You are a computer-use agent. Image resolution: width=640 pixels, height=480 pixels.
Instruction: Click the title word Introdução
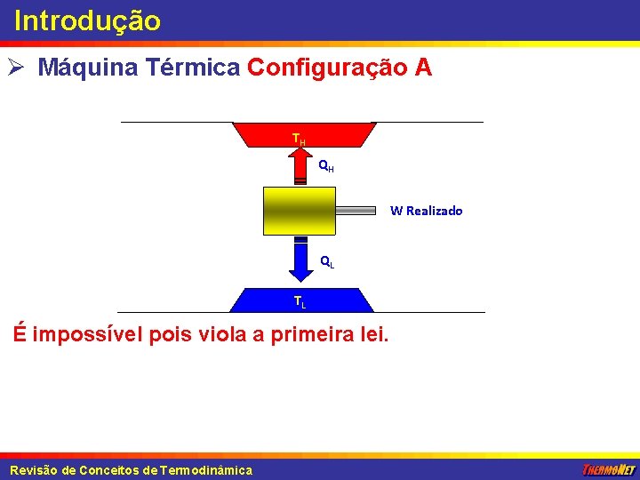87,20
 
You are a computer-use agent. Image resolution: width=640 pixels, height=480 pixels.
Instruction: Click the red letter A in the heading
423,68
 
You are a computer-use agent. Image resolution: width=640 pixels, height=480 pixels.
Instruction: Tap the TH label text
300,140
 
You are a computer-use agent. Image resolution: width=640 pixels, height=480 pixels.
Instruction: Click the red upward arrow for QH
300,165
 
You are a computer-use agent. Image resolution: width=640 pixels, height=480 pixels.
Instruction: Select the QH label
326,165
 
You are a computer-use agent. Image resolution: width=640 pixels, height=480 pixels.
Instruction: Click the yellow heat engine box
300,211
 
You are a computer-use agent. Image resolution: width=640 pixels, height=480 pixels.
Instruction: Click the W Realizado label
427,211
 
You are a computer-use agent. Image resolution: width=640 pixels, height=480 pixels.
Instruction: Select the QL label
326,261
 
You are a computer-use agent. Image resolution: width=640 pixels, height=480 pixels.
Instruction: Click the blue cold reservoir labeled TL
267,300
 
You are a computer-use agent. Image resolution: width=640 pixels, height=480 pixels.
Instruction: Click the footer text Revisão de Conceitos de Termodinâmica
131,470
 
